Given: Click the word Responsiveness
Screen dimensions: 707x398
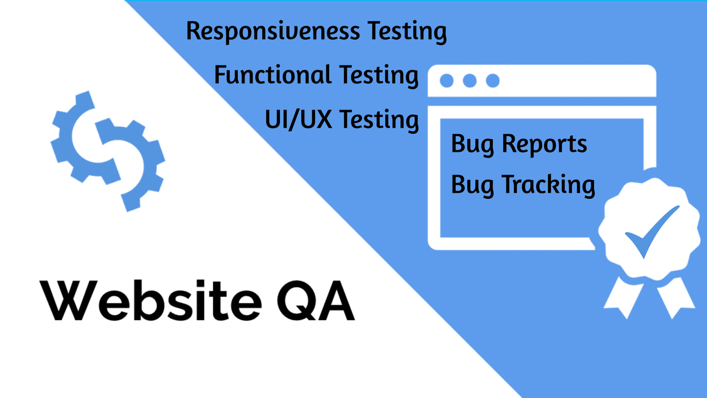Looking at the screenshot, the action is pyautogui.click(x=273, y=32).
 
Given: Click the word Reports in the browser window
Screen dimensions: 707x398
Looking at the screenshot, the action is pyautogui.click(x=544, y=144).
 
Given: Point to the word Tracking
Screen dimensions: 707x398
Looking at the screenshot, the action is pyautogui.click(x=548, y=185).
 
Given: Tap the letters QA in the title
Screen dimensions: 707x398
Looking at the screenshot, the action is pyautogui.click(x=316, y=301).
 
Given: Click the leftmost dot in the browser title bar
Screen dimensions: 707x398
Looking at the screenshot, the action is pyautogui.click(x=447, y=81).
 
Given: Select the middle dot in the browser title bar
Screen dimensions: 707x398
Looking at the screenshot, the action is pyautogui.click(x=470, y=81).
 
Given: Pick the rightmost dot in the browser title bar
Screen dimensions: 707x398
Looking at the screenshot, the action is pyautogui.click(x=493, y=81).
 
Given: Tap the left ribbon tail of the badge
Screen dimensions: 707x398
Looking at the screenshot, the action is pyautogui.click(x=623, y=298).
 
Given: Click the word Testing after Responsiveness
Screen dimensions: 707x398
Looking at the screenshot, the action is pyautogui.click(x=407, y=32).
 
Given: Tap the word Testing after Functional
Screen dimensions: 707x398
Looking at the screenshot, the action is pyautogui.click(x=379, y=75).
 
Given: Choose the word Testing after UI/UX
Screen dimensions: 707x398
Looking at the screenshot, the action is pyautogui.click(x=379, y=120).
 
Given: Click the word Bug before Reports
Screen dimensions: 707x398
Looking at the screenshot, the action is pyautogui.click(x=472, y=145).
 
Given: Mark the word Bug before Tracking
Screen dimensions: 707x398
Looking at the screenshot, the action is pyautogui.click(x=472, y=186).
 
